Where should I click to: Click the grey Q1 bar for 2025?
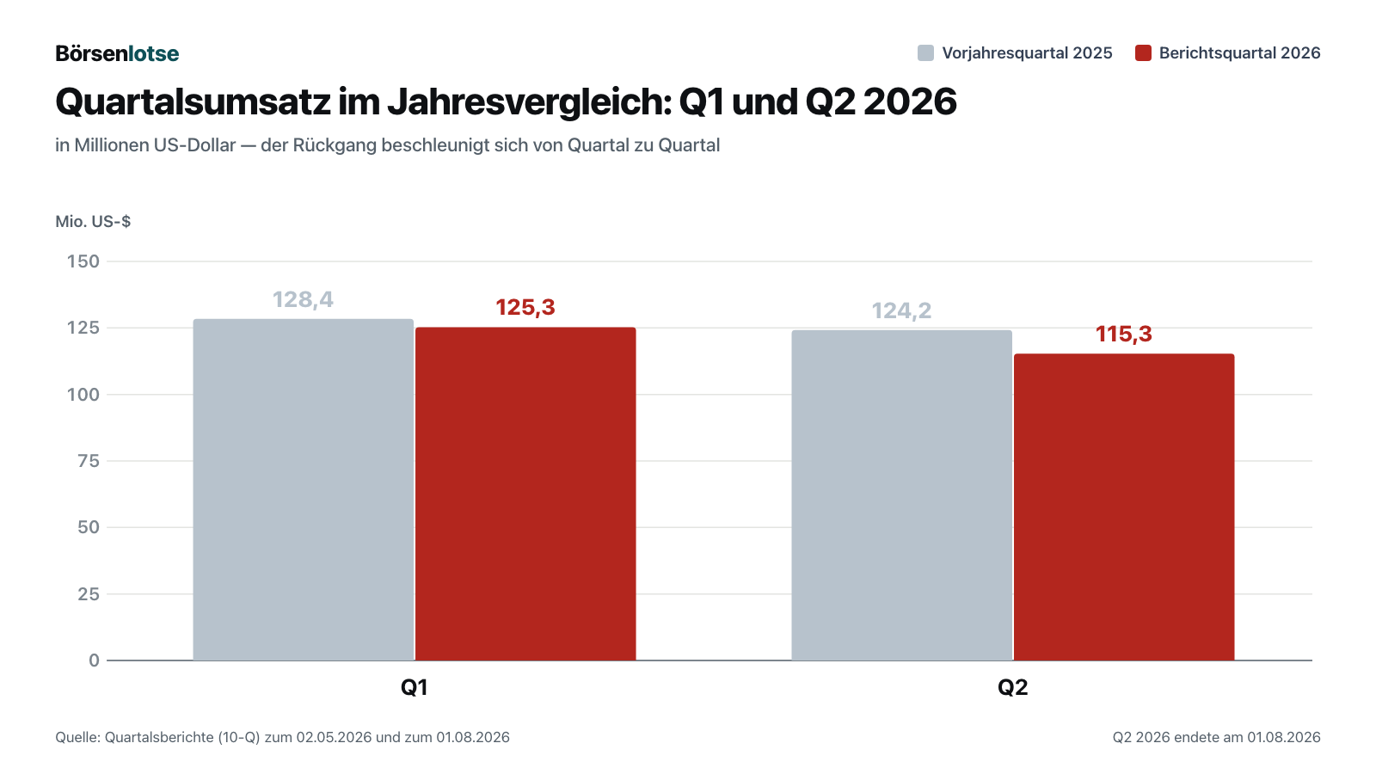pos(304,489)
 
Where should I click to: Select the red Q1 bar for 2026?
pos(525,494)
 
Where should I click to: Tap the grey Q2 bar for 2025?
pos(902,495)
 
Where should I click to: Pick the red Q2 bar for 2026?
pos(1124,507)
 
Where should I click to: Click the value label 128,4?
pos(303,300)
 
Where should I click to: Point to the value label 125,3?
pos(525,307)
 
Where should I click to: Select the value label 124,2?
pos(902,310)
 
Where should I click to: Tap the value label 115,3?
pos(1124,335)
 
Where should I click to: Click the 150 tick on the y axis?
pos(83,261)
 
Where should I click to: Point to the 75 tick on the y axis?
pos(89,461)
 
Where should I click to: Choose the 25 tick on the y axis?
pos(89,594)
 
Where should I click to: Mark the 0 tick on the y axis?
pos(94,660)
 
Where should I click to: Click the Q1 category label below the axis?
pos(414,687)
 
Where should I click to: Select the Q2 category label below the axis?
pos(1012,687)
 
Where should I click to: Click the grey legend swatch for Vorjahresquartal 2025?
pos(925,52)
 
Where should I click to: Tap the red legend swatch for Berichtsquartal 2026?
pos(1143,52)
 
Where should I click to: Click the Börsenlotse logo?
pos(117,53)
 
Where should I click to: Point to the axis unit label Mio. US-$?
pos(93,221)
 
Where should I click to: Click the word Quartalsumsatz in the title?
pos(193,102)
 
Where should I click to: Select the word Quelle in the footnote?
pos(78,737)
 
